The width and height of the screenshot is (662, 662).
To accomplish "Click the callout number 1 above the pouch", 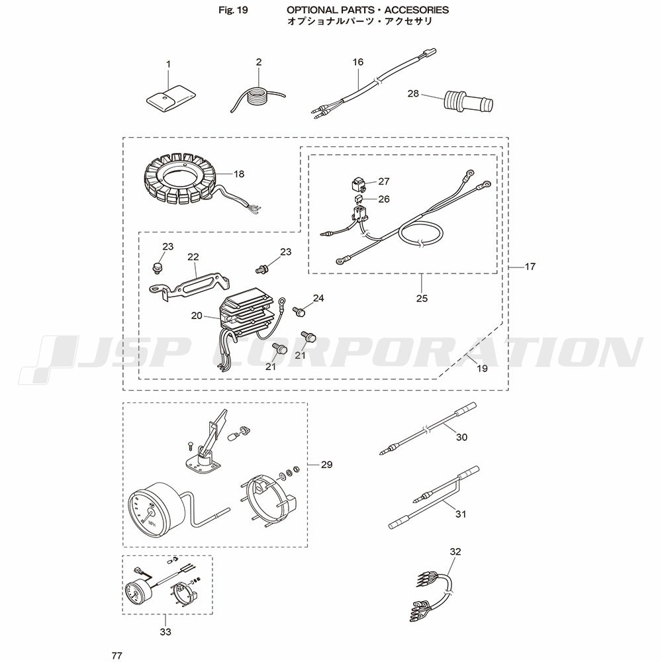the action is (168, 65).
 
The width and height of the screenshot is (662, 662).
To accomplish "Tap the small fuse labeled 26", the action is (358, 199).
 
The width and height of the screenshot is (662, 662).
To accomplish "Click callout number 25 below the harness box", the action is (422, 299).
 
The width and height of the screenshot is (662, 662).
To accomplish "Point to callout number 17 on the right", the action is (530, 266).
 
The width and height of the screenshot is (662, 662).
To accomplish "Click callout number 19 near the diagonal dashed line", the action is (482, 369).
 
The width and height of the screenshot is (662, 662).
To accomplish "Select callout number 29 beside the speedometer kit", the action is (327, 465).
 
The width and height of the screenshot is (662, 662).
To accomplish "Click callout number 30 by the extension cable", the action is (462, 437).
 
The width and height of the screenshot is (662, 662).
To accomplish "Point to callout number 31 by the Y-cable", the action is (461, 514).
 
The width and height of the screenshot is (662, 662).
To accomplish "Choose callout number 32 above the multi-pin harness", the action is (455, 551).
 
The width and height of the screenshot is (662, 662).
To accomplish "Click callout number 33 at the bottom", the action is (165, 632).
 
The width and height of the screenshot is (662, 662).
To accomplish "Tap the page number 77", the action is (117, 655).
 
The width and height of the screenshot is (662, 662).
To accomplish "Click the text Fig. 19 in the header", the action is (234, 10).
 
